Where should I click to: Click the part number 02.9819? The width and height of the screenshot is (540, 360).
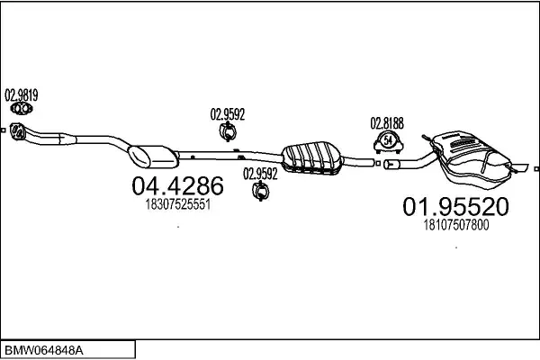(x=22, y=93)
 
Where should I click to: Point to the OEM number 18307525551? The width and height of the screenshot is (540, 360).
(x=177, y=205)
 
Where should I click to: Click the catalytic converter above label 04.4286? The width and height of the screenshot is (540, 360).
(x=155, y=155)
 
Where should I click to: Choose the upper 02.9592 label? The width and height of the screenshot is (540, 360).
(x=228, y=113)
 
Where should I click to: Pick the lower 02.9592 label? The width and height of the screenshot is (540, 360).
(x=260, y=173)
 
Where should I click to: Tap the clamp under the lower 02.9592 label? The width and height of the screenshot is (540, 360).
(x=261, y=192)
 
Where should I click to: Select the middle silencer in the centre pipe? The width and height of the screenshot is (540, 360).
(x=310, y=154)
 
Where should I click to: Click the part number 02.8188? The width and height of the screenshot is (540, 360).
(x=386, y=122)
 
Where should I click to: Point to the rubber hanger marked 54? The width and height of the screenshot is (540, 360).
(x=387, y=140)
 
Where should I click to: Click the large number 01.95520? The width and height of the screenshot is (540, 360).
(x=454, y=207)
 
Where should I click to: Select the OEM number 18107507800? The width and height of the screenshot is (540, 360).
(x=455, y=226)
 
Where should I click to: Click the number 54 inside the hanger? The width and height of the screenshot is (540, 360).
(x=387, y=140)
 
